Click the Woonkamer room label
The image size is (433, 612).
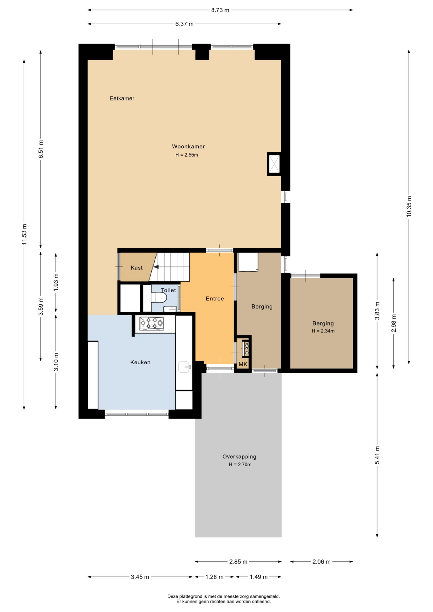tap(188, 147)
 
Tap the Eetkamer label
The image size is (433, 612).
tap(122, 98)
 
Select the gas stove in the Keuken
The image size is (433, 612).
tap(151, 324)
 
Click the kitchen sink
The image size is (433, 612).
tap(184, 367)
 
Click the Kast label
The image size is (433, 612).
tap(136, 268)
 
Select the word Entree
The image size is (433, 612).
tap(215, 299)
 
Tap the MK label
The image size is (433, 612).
tap(243, 364)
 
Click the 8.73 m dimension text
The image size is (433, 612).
tap(220, 10)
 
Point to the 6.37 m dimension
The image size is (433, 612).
tap(184, 24)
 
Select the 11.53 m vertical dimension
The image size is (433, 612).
tap(24, 234)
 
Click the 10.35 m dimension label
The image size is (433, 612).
tap(409, 207)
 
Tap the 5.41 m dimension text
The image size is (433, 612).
tap(377, 455)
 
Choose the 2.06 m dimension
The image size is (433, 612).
tap(321, 562)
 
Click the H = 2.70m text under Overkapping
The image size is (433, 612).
tap(240, 464)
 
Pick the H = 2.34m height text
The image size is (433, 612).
tap(323, 331)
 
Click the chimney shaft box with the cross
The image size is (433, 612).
tap(274, 164)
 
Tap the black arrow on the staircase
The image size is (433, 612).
tap(156, 267)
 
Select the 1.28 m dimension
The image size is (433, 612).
tap(214, 577)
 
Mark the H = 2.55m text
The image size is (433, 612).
tap(187, 155)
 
